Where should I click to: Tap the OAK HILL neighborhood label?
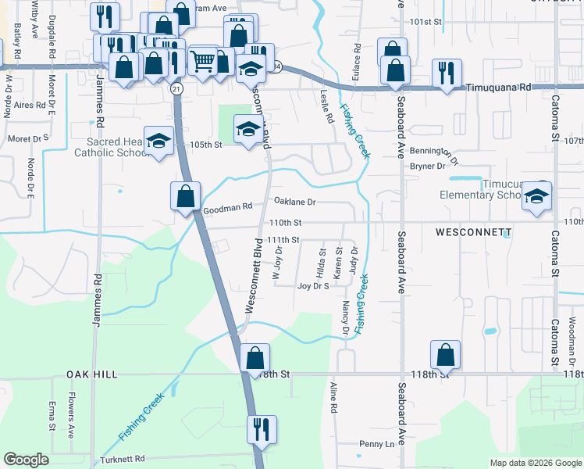91,374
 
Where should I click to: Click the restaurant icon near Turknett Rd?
260,429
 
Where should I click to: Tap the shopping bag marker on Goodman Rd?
186,196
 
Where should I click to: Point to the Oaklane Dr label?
294,202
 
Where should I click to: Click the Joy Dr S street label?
314,286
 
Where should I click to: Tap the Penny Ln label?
378,444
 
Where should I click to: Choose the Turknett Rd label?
123,459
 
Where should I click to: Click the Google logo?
26,460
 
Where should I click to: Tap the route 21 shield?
177,90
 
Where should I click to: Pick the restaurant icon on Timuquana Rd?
447,74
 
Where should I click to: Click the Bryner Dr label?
427,166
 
